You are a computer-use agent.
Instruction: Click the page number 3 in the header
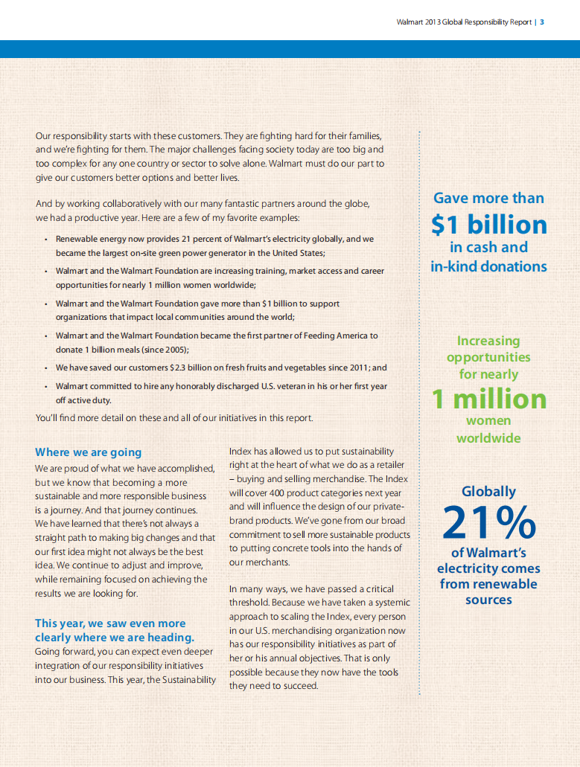pyautogui.click(x=542, y=22)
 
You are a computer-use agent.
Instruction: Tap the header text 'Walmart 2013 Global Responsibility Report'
pyautogui.click(x=464, y=22)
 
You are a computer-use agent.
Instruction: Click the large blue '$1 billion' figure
pyautogui.click(x=488, y=225)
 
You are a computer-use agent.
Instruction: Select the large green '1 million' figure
pyautogui.click(x=488, y=399)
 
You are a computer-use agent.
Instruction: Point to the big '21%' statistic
pyautogui.click(x=488, y=523)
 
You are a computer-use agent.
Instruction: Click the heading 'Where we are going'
pyautogui.click(x=88, y=452)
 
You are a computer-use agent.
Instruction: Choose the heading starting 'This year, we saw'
pyautogui.click(x=110, y=623)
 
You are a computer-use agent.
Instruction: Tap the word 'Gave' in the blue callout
pyautogui.click(x=451, y=199)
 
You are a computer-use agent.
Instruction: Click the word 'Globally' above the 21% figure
pyautogui.click(x=488, y=492)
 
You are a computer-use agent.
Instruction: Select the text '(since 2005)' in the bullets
pyautogui.click(x=164, y=349)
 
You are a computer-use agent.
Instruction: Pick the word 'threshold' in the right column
pyautogui.click(x=250, y=603)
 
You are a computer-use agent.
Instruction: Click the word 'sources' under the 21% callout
pyautogui.click(x=488, y=600)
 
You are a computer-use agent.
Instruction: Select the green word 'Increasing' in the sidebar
pyautogui.click(x=488, y=341)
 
